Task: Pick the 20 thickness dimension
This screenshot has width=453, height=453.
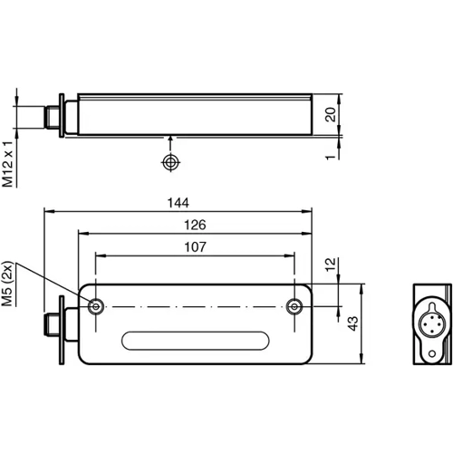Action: point(331,114)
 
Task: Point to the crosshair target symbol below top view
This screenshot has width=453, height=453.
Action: point(169,162)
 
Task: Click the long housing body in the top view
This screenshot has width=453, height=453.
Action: point(195,113)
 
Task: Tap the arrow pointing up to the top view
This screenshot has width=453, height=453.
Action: point(169,140)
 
